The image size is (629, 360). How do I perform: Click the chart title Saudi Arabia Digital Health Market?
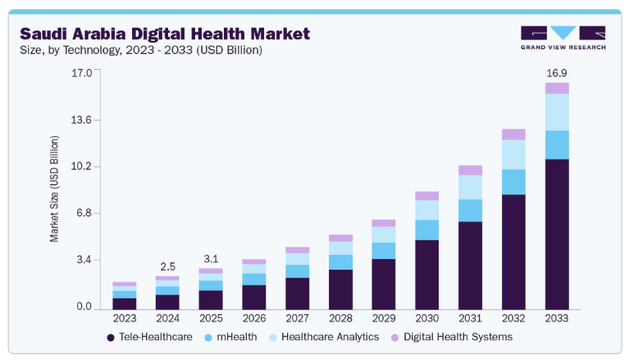165,34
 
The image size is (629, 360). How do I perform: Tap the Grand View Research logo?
563,38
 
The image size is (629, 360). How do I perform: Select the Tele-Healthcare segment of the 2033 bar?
557,235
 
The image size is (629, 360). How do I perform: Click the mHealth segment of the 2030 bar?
426,230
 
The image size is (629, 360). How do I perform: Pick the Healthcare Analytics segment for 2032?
513,154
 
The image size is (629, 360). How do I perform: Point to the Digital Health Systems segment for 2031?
470,171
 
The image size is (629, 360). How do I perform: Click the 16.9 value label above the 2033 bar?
557,73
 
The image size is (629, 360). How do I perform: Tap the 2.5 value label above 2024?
167,267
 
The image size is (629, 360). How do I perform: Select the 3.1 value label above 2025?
211,259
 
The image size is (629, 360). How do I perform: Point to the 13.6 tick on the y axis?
81,120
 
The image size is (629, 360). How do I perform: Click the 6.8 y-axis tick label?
84,212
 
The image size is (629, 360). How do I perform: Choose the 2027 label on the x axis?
297,318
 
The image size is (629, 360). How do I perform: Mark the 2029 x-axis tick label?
384,318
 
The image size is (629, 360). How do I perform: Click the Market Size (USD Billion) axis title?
54,189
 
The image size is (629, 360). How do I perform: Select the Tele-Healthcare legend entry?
149,337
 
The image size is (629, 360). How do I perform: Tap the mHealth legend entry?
230,337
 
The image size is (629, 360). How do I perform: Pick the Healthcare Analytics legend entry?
324,337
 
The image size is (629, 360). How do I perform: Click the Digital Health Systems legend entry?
452,337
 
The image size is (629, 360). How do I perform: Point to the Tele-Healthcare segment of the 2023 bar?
125,303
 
